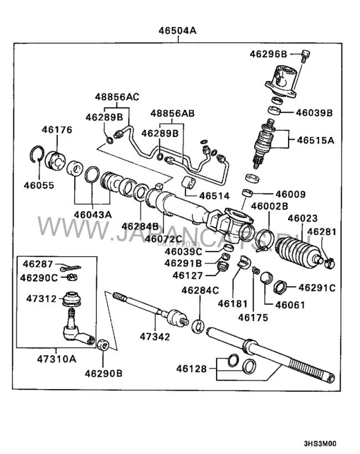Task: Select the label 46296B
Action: pos(268,54)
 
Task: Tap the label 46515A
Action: pos(315,140)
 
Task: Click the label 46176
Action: pos(56,130)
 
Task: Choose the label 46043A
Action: pos(93,214)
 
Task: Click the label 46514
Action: pos(214,196)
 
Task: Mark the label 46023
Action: pos(302,218)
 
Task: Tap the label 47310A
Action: pos(57,358)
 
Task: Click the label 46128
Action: pos(192,369)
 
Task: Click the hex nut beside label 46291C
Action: pos(280,288)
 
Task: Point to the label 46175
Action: pos(253,318)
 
